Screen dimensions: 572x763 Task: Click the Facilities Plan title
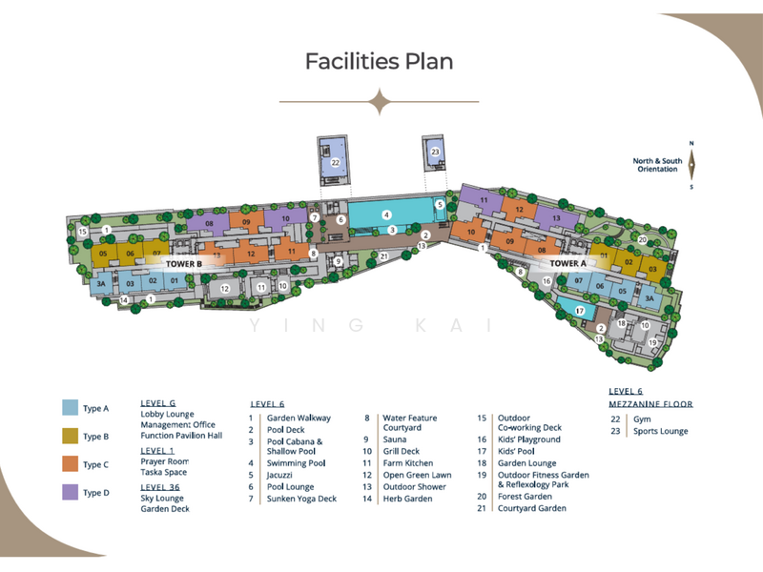379,61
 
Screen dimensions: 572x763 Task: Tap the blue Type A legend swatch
70,408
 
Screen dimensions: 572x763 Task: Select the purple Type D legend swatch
70,492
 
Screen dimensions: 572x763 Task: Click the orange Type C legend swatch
70,464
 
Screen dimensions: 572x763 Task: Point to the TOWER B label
184,264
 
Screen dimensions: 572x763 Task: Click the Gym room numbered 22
336,163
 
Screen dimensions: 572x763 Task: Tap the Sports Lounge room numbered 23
435,152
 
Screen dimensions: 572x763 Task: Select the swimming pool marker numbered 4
386,214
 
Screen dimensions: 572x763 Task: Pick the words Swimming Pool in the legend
297,462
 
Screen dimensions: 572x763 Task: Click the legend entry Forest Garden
525,497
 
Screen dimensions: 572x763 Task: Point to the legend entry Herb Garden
405,499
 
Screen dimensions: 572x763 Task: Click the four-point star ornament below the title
380,101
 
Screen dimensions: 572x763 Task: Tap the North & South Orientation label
658,166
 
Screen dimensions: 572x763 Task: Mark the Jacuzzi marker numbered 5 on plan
440,204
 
